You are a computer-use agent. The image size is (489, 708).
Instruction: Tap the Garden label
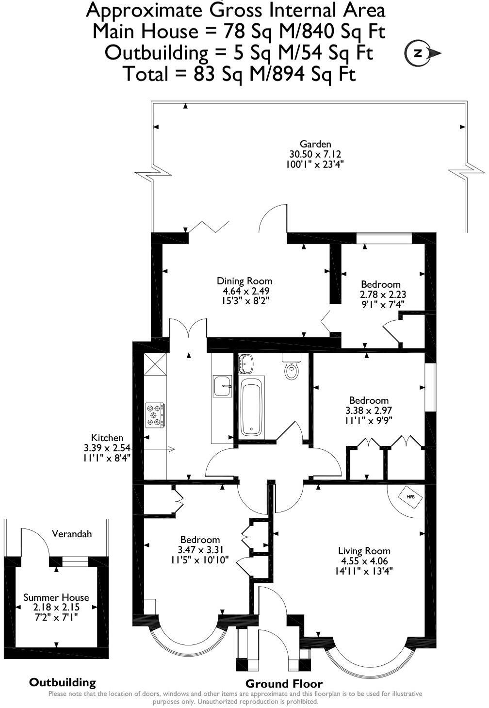tap(315, 144)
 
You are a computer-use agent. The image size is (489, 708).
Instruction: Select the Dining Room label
tap(244, 280)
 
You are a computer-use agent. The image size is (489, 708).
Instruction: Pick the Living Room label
tap(364, 550)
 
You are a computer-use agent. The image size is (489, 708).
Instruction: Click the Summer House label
tap(56, 597)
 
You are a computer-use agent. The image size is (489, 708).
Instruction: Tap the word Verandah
tap(72, 534)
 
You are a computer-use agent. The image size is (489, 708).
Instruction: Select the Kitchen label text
tap(107, 438)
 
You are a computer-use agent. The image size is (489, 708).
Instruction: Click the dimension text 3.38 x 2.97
tap(368, 410)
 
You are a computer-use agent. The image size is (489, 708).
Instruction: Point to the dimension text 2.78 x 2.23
tap(383, 294)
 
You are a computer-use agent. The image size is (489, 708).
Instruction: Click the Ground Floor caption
tap(284, 684)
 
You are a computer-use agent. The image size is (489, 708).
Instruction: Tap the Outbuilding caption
tap(63, 682)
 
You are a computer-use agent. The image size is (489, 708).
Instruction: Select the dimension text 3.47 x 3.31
tap(200, 550)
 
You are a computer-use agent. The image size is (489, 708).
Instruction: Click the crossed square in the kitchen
tap(155, 364)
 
